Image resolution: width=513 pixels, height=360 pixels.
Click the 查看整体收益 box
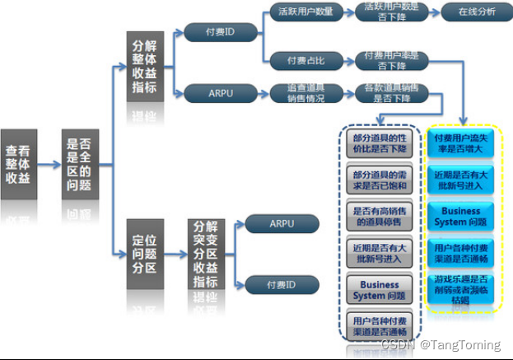[x=19, y=164]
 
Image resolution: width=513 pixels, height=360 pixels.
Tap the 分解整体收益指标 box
[x=146, y=66]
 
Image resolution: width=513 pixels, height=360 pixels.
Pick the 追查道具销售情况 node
[x=305, y=93]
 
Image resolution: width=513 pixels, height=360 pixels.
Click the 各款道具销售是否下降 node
[x=392, y=93]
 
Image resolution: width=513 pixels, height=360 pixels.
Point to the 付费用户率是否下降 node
[x=392, y=60]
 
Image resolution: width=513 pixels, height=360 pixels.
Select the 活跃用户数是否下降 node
[x=392, y=12]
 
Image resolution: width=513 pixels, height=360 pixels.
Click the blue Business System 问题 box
[x=465, y=215]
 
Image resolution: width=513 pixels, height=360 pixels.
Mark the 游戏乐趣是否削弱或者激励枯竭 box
[x=465, y=289]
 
